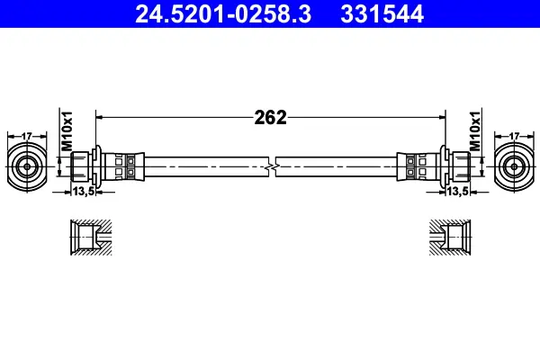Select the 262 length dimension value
coord(270,117)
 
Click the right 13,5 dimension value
coord(456,191)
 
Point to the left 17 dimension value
coord(27,135)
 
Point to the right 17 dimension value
coord(513,135)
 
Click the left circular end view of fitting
coord(27,166)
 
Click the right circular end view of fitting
coord(513,166)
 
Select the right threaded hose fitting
coord(457,166)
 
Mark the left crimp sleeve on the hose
coord(122,166)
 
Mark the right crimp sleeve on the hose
coord(418,166)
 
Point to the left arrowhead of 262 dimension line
coord(100,117)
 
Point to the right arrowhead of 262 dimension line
coord(442,117)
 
